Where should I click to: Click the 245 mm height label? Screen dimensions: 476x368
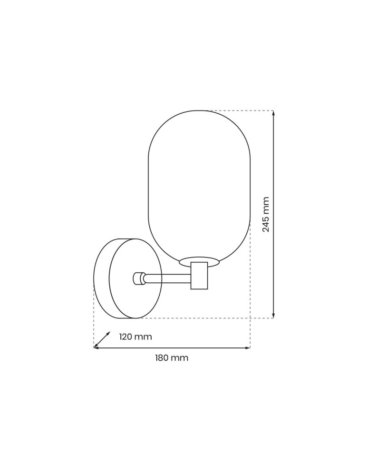pos(266,214)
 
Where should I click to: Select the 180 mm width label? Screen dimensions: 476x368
pos(171,358)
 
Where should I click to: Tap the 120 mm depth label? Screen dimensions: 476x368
pos(136,337)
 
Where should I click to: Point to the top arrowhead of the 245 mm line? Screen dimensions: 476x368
pos(273,113)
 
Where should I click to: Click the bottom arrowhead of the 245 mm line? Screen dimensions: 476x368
pos(273,315)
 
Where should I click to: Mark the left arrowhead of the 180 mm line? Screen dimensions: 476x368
pos(96,348)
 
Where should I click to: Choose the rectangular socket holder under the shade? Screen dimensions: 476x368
pos(199,276)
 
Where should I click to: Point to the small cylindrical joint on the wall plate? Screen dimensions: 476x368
pos(139,278)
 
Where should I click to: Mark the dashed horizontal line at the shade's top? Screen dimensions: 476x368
pos(238,110)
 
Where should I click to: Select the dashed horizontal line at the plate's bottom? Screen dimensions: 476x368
pos(200,318)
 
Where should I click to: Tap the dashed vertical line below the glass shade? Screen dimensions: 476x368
pos(250,295)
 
